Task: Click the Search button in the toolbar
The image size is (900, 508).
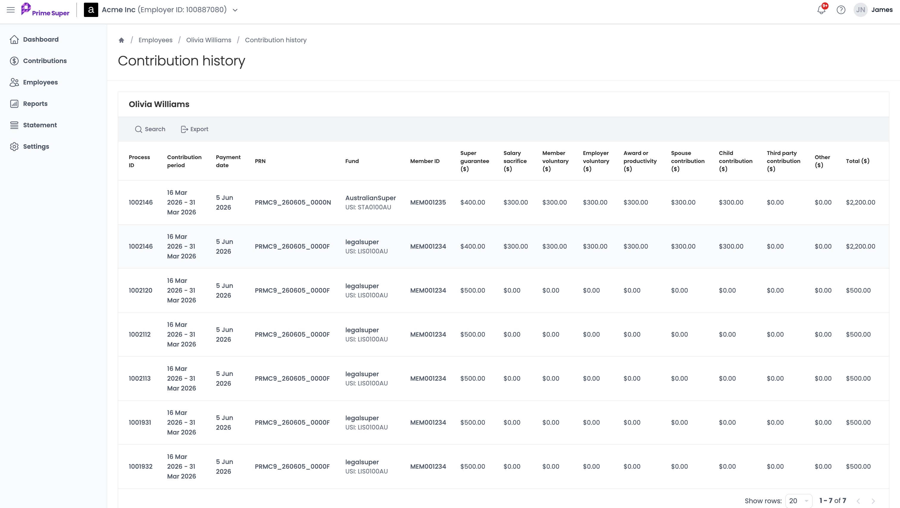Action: pyautogui.click(x=150, y=129)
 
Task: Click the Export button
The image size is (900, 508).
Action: pyautogui.click(x=194, y=129)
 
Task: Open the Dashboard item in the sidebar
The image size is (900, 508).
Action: pyautogui.click(x=34, y=40)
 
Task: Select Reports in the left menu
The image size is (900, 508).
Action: pyautogui.click(x=29, y=104)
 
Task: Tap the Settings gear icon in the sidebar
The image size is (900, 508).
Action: pyautogui.click(x=14, y=147)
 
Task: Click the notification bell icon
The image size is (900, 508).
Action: pyautogui.click(x=821, y=10)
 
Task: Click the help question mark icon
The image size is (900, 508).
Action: pyautogui.click(x=841, y=10)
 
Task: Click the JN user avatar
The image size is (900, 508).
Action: pyautogui.click(x=860, y=10)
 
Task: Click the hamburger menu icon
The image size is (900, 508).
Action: pyautogui.click(x=11, y=10)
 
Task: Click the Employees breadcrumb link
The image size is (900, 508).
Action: pyautogui.click(x=155, y=40)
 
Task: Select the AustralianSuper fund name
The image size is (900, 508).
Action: pyautogui.click(x=370, y=198)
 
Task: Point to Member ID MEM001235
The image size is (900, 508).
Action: pyautogui.click(x=428, y=203)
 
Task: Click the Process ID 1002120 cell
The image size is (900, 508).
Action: pyautogui.click(x=140, y=291)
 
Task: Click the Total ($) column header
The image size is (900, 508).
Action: pyautogui.click(x=857, y=161)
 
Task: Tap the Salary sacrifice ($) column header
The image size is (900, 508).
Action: pyautogui.click(x=515, y=161)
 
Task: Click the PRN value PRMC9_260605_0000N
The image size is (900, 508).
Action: pyautogui.click(x=293, y=203)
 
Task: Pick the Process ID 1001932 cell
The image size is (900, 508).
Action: pyautogui.click(x=140, y=466)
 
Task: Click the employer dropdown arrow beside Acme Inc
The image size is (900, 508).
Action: pyautogui.click(x=235, y=10)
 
